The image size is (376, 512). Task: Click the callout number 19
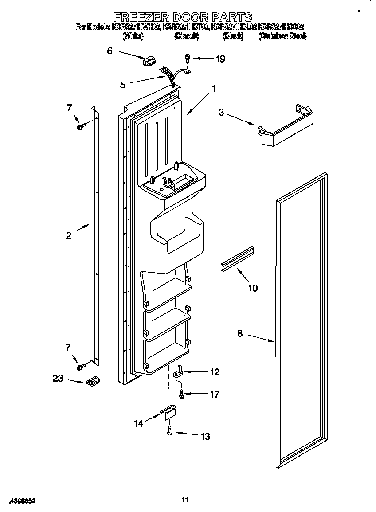point(220,59)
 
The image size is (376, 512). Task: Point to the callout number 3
point(221,113)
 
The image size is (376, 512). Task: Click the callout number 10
point(252,288)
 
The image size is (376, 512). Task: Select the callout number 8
point(240,333)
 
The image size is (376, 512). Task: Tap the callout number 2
point(68,236)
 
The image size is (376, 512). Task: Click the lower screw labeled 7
point(81,367)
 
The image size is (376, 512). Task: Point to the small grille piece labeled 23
point(92,381)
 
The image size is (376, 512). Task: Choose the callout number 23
point(58,379)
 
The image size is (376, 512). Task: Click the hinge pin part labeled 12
point(180,371)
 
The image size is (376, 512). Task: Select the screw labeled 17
point(181,393)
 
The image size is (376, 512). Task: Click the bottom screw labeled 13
point(169,431)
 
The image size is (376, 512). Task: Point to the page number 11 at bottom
point(185,500)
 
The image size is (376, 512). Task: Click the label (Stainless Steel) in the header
point(282,36)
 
